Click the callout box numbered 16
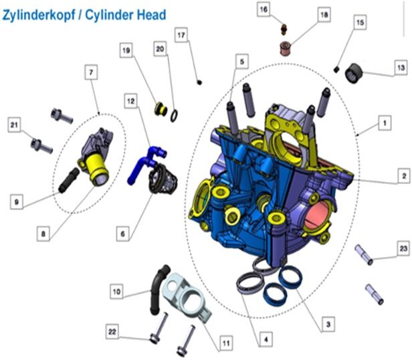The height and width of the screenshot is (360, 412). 264,10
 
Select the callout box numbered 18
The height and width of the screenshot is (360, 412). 324,15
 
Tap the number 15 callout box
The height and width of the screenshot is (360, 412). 360,23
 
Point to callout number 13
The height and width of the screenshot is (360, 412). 401,68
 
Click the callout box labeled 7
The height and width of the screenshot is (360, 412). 91,72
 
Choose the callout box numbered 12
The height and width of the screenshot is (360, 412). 131,101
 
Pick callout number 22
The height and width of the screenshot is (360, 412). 112,332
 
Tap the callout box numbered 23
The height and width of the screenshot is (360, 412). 403,248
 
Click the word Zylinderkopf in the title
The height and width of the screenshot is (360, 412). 39,15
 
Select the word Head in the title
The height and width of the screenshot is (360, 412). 151,15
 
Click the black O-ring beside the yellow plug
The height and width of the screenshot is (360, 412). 174,116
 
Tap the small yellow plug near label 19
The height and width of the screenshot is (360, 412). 161,109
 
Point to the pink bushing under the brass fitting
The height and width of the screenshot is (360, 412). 286,48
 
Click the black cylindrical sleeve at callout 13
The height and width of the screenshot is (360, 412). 354,74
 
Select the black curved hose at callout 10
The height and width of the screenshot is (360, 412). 158,290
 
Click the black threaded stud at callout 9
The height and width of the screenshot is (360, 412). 69,181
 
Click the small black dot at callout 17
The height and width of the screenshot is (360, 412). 200,82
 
